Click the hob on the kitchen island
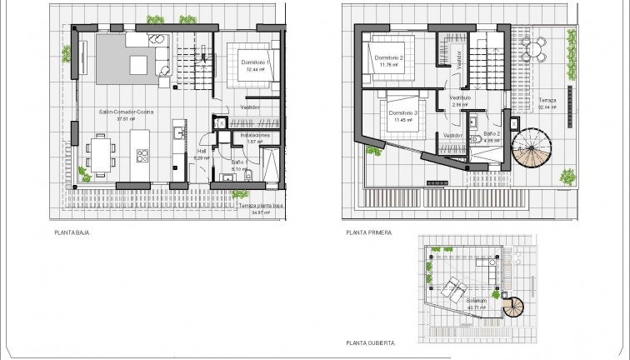coord(142,153)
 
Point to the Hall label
coord(201,152)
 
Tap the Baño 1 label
coord(239,163)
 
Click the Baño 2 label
coord(492,133)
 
